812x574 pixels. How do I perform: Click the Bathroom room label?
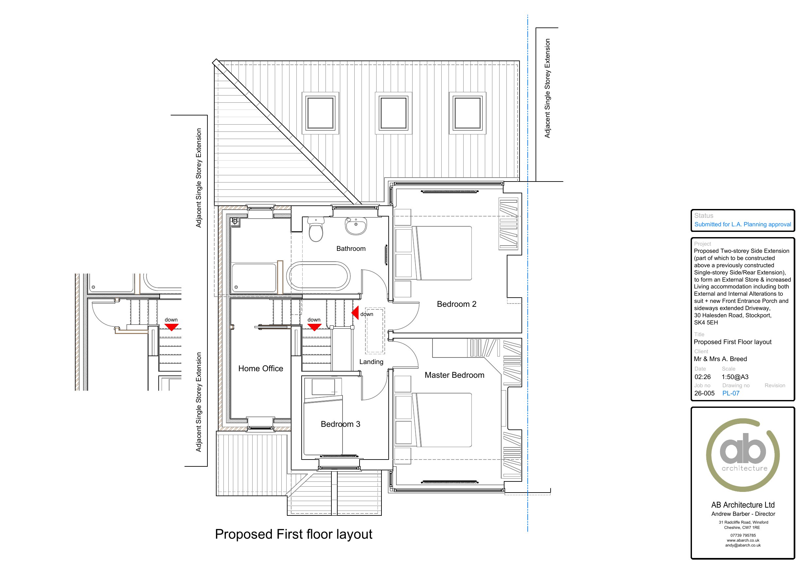coord(351,249)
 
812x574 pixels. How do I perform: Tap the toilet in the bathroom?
coord(316,230)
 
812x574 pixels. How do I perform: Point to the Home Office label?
coord(261,369)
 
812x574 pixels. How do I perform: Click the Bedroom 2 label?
coord(457,304)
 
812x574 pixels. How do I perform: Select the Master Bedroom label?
coord(454,375)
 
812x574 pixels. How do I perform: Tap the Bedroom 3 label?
coord(340,424)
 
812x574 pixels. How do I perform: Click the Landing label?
coord(371,362)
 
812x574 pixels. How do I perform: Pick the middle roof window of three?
coord(394,113)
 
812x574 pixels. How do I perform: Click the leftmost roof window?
coord(320,113)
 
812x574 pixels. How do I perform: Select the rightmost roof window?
coord(468,113)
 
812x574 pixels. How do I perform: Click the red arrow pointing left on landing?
coord(355,313)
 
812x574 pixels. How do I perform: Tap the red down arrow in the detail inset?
coord(171,327)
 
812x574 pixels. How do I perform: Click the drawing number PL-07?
coord(731,393)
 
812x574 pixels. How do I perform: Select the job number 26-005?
coord(704,393)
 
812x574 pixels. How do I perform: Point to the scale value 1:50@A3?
coord(735,377)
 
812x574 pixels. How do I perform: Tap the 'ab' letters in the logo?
coord(743,448)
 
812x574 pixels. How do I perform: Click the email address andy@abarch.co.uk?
coord(743,545)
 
